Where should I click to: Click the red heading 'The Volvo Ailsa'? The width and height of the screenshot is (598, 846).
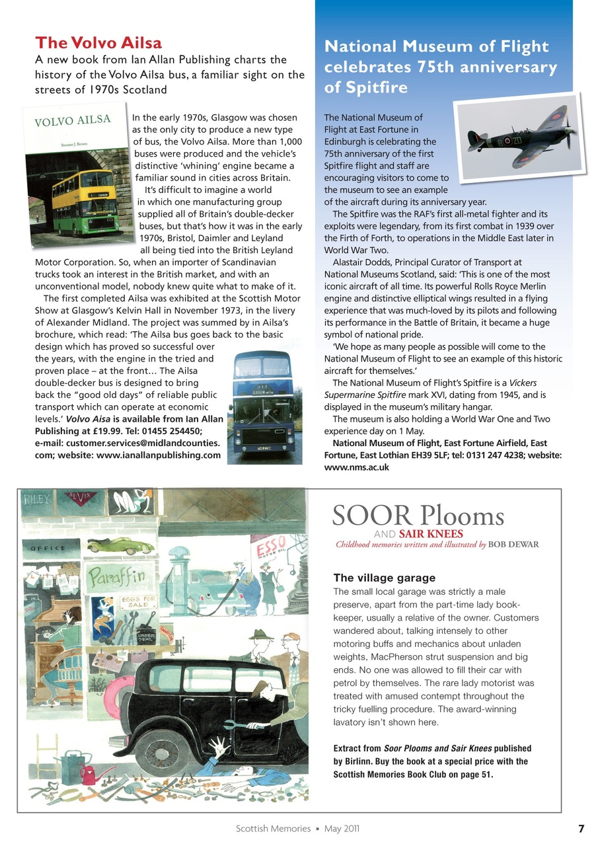pyautogui.click(x=98, y=44)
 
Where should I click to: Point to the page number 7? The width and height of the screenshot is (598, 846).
pyautogui.click(x=581, y=828)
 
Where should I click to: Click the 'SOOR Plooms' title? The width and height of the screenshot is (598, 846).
pyautogui.click(x=418, y=516)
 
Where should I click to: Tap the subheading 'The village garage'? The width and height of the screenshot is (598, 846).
pyautogui.click(x=384, y=578)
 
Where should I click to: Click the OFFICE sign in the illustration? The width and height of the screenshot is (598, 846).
pyautogui.click(x=46, y=548)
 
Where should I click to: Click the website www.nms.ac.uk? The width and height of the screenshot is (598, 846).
pyautogui.click(x=356, y=467)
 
